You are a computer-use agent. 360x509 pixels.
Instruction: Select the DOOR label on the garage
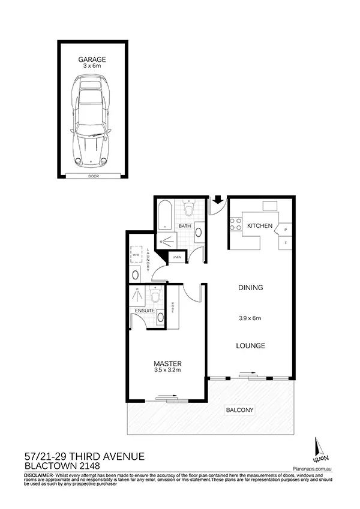pyautogui.click(x=92, y=176)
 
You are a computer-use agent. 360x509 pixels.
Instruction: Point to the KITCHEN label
pyautogui.click(x=260, y=226)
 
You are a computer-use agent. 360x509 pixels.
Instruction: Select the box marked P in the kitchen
pyautogui.click(x=286, y=230)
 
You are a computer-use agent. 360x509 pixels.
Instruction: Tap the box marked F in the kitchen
pyautogui.click(x=286, y=243)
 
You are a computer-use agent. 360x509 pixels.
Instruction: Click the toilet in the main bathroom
pyautogui.click(x=190, y=209)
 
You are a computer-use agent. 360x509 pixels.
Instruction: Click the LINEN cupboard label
pyautogui.click(x=177, y=257)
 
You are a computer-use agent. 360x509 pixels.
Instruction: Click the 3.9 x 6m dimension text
pyautogui.click(x=250, y=318)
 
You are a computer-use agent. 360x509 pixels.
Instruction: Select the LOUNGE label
pyautogui.click(x=250, y=346)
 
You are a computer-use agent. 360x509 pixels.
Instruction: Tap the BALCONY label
pyautogui.click(x=239, y=410)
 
